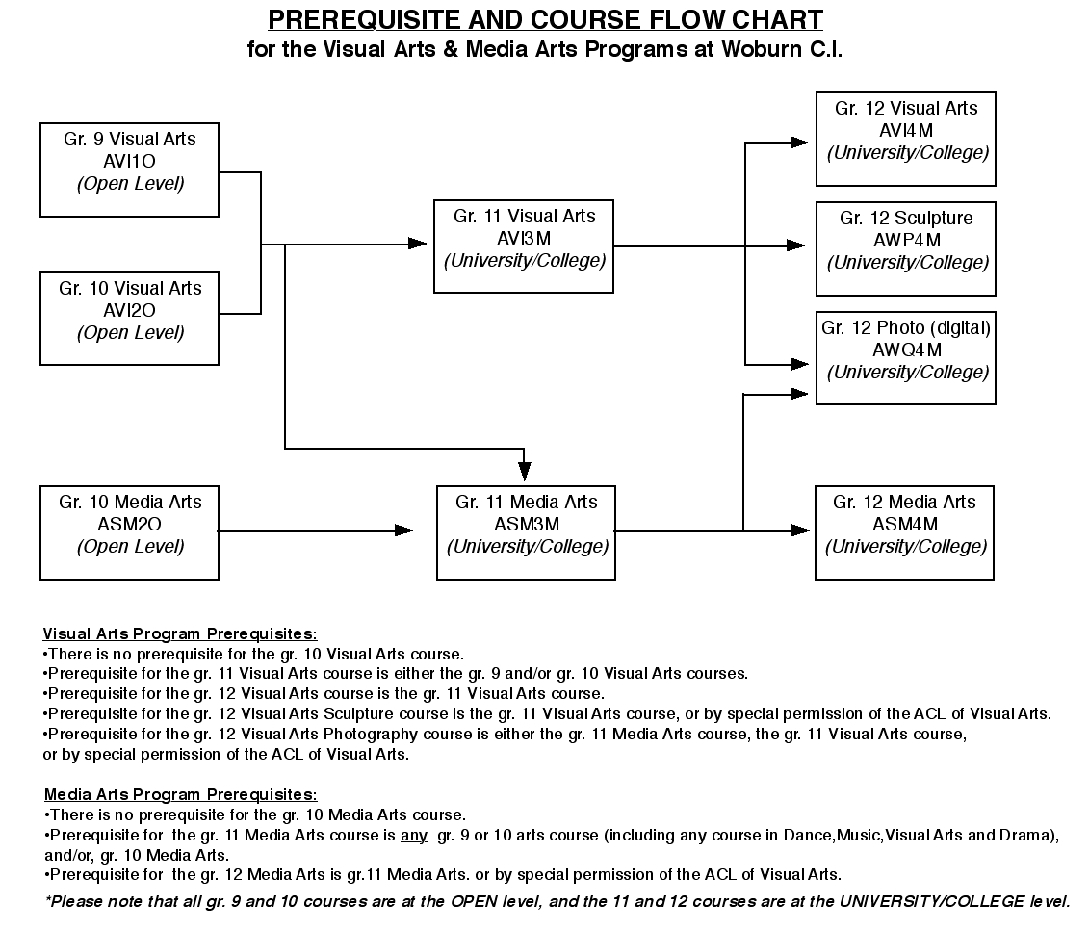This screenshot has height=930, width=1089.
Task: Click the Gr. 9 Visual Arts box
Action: point(129,170)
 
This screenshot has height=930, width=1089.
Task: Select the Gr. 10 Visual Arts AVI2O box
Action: point(129,319)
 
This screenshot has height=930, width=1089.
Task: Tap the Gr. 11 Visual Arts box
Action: point(524,246)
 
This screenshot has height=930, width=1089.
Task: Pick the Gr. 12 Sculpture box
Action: point(906,248)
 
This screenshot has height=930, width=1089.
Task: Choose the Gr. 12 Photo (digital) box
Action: point(906,358)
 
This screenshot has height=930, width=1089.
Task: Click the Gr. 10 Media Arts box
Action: point(129,532)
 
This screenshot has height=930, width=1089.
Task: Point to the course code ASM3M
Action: point(527,525)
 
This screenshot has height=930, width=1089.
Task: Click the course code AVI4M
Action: point(906,131)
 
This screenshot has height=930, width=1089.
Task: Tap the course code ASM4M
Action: point(905,525)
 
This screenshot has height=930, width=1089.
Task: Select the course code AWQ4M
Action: point(906,350)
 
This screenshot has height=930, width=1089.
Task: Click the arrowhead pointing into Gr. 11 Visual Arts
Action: point(418,244)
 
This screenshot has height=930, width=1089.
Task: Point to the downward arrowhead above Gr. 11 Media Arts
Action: point(525,472)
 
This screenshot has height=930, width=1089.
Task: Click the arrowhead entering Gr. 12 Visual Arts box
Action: point(799,143)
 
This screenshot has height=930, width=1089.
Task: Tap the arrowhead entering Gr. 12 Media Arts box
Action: point(801,531)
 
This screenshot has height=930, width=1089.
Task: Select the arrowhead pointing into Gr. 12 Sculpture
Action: point(796,245)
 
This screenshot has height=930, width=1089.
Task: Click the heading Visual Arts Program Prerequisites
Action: point(180,634)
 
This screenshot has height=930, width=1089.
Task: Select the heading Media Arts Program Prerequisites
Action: point(181,794)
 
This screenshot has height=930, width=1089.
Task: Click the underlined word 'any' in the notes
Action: point(414,836)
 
